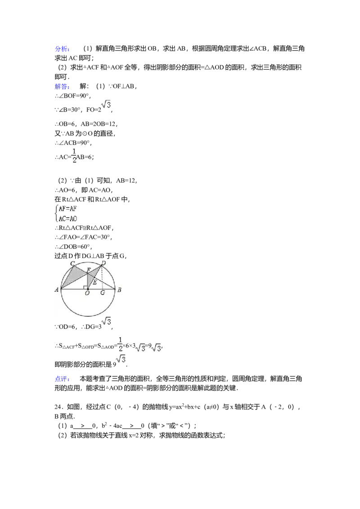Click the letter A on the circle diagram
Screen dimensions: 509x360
(x=57, y=290)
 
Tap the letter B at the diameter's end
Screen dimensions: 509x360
(x=119, y=290)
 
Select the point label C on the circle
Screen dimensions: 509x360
(x=72, y=263)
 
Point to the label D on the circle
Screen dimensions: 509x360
(x=103, y=263)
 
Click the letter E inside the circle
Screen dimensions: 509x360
(x=94, y=282)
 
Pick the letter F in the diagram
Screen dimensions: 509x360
(x=89, y=270)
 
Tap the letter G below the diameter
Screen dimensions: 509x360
(x=103, y=293)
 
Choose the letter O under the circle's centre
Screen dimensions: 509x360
(x=87, y=293)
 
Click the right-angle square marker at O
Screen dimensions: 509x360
(x=85, y=287)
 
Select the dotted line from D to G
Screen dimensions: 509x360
(x=103, y=279)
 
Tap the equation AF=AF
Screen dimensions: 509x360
(x=68, y=208)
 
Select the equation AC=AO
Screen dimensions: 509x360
(x=68, y=218)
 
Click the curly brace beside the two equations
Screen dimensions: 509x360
(x=56, y=213)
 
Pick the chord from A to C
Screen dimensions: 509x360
(x=67, y=277)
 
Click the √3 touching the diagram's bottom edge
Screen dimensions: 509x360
(x=106, y=322)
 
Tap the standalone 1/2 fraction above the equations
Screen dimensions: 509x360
(x=74, y=155)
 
